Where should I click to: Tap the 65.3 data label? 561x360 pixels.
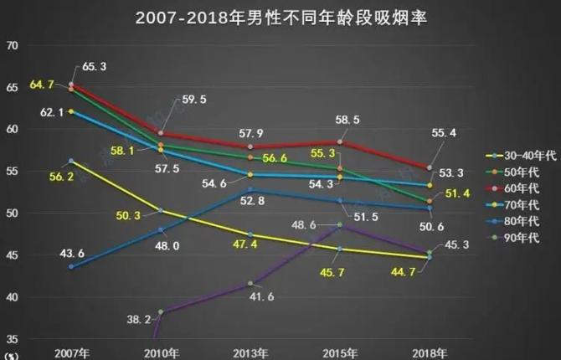tap(95, 65)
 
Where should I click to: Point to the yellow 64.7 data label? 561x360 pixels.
tap(42, 85)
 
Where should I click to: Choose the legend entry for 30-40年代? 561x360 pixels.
tap(517, 156)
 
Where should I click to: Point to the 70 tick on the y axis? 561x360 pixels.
tap(13, 46)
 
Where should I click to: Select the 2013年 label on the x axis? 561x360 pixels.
tap(250, 351)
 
